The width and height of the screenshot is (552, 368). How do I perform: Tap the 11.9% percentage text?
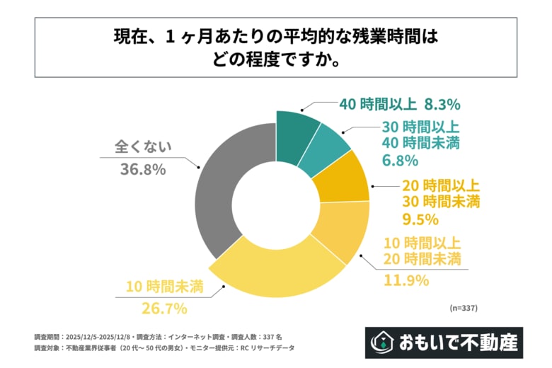click(x=403, y=279)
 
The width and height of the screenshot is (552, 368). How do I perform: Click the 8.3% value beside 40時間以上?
click(x=442, y=104)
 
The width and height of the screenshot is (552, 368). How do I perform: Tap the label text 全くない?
click(x=143, y=149)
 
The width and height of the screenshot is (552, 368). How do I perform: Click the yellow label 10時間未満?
click(x=165, y=287)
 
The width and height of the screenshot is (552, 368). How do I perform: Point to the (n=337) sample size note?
click(x=464, y=308)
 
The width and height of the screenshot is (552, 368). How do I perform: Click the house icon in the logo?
click(x=383, y=343)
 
